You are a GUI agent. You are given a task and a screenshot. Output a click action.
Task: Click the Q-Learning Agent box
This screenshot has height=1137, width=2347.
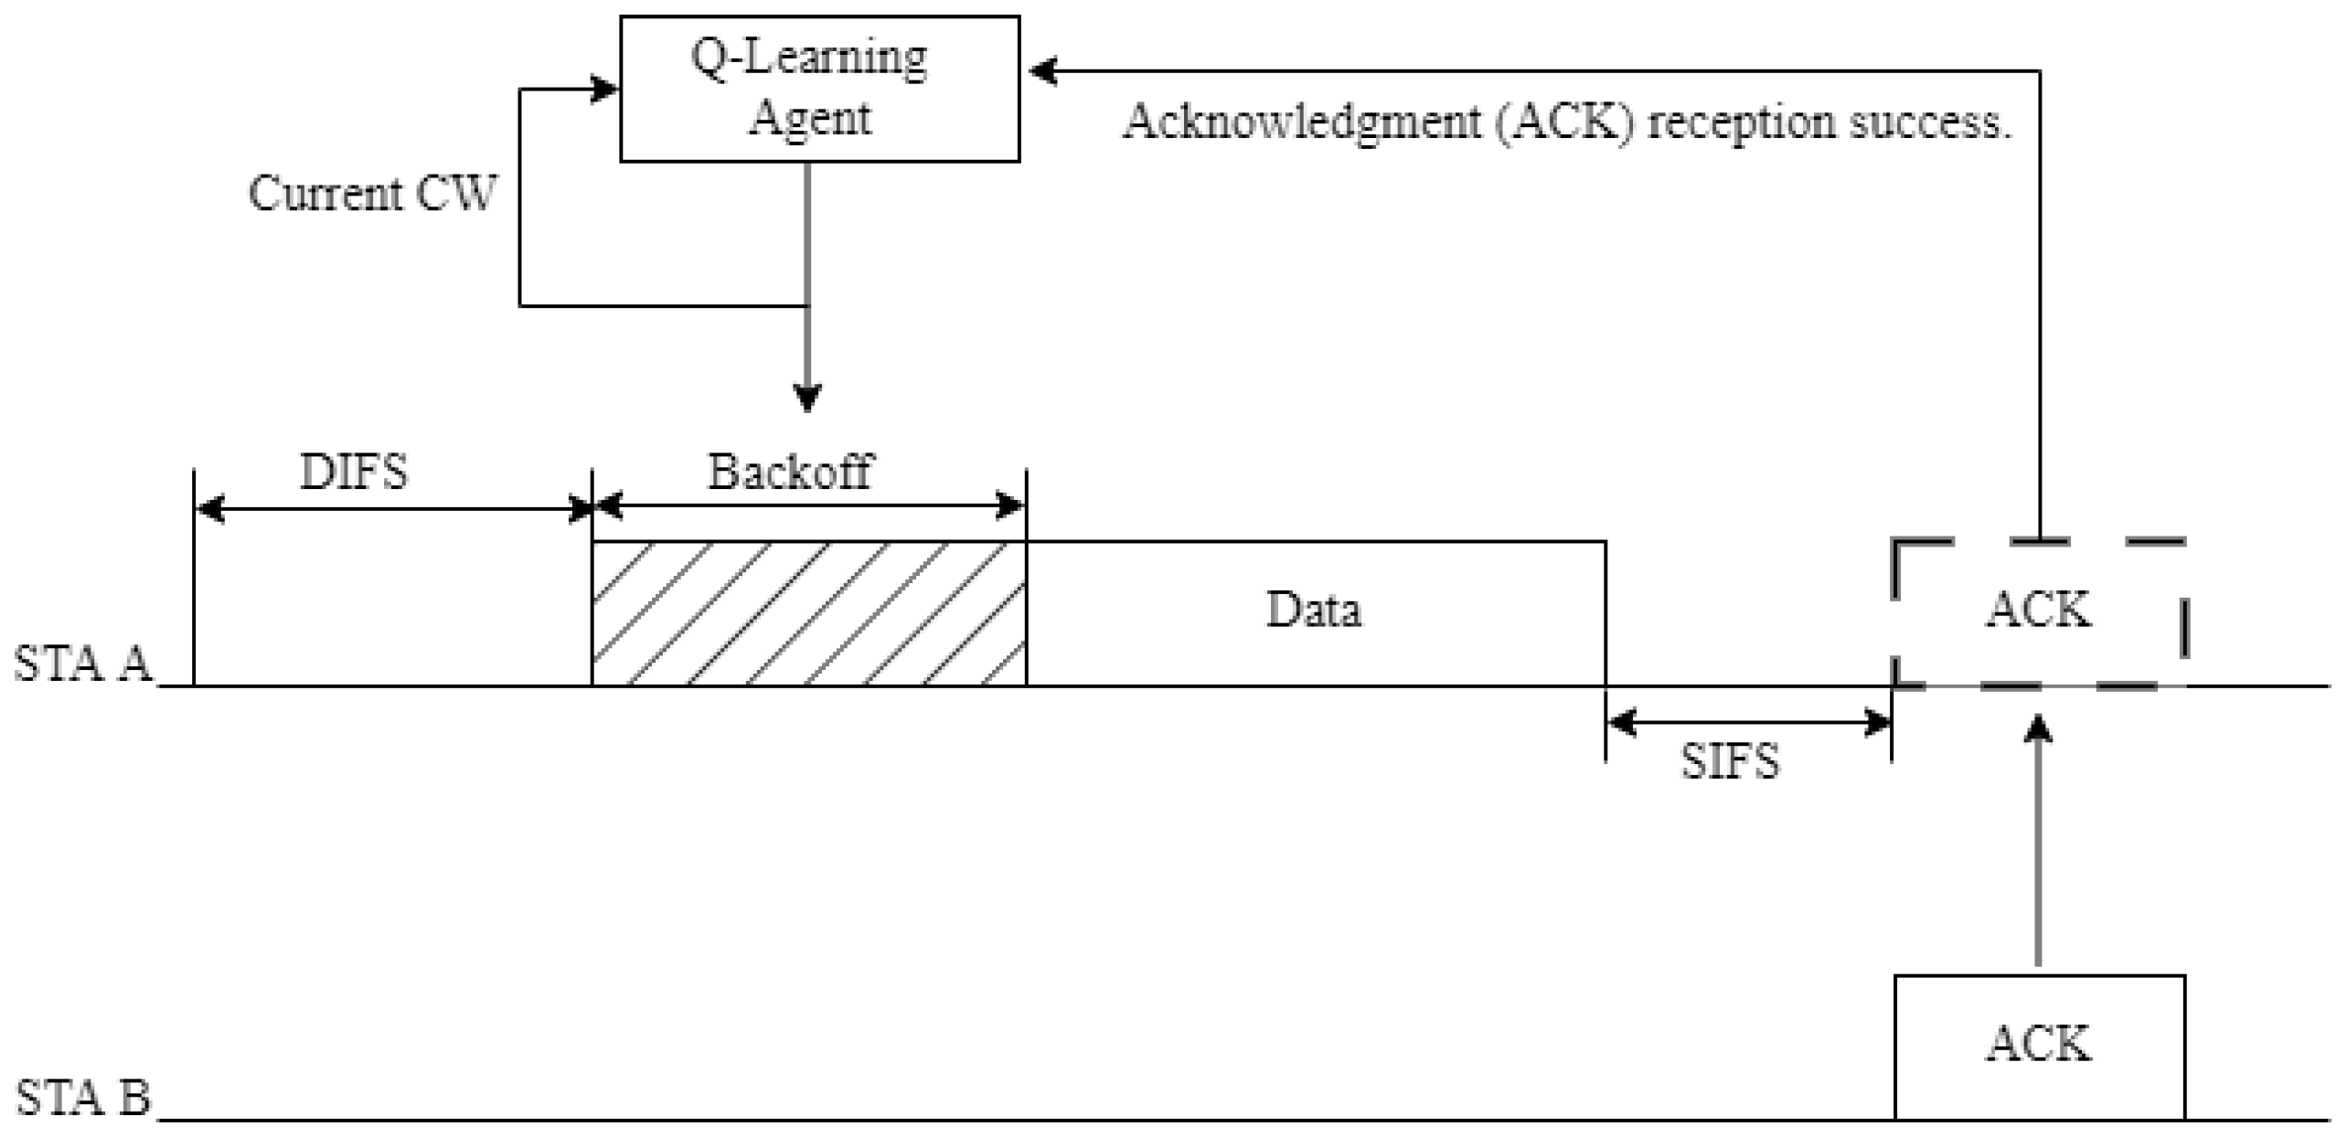point(819,88)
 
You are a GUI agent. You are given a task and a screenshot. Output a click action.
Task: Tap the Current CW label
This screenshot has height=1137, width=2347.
point(372,194)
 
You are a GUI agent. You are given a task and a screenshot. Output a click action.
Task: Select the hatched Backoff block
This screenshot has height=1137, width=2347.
point(808,613)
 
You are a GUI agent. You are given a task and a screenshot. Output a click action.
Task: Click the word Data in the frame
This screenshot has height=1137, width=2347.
point(1313,610)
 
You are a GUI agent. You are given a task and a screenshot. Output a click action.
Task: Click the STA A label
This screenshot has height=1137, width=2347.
point(82,664)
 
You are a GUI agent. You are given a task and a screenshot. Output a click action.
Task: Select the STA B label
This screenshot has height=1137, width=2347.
point(82,1097)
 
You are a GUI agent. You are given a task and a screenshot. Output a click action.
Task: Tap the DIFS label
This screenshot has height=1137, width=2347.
point(354,473)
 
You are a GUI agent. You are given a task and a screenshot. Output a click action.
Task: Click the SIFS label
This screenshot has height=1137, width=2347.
point(1730,761)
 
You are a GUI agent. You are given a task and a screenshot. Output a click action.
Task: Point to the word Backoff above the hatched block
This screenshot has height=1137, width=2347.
point(790,473)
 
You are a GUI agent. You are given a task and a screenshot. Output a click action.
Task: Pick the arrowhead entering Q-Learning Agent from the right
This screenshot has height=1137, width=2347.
point(1042,70)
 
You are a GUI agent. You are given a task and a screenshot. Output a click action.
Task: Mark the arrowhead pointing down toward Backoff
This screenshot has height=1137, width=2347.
point(806,398)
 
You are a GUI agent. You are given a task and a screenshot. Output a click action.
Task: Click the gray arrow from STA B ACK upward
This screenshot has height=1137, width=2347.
point(2038,841)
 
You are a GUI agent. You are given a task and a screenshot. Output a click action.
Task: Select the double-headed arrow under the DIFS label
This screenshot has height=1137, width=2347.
point(393,508)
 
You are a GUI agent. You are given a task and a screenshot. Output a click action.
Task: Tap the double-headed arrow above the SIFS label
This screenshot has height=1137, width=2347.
point(1748,723)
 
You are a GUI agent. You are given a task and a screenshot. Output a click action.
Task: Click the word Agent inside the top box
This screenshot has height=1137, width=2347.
point(810,119)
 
